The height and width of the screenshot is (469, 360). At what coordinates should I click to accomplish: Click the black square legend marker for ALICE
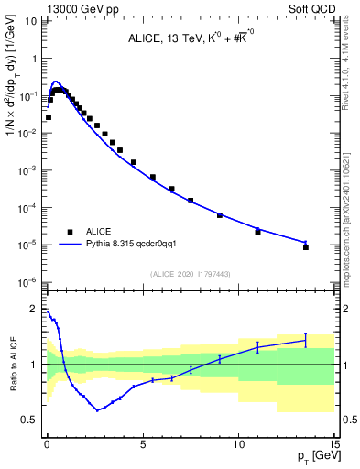click(69, 232)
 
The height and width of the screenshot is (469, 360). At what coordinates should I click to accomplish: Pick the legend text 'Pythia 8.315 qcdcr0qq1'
click(136, 245)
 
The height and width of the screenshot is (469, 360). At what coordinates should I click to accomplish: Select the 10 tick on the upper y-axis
click(33, 19)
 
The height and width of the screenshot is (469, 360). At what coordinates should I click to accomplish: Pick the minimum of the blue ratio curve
click(98, 410)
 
